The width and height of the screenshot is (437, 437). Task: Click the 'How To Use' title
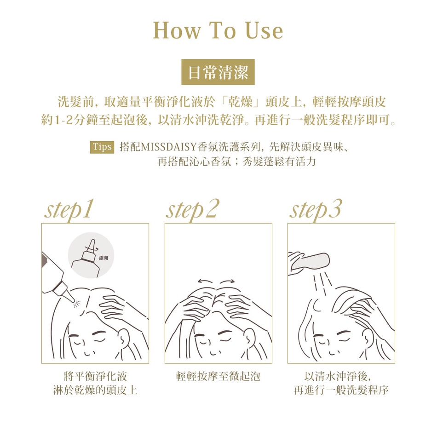pyautogui.click(x=218, y=30)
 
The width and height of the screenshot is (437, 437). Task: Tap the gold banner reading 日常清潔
pyautogui.click(x=218, y=72)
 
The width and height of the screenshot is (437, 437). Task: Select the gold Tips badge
pyautogui.click(x=102, y=147)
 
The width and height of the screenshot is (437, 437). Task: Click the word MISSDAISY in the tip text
pyautogui.click(x=169, y=147)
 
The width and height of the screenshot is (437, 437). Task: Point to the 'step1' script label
pyautogui.click(x=69, y=210)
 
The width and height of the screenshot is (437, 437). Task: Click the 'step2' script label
pyautogui.click(x=192, y=210)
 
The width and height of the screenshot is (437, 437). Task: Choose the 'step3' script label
pyautogui.click(x=315, y=210)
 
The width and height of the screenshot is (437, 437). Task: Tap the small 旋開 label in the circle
pyautogui.click(x=103, y=258)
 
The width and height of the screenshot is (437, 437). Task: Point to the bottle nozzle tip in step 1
pyautogui.click(x=74, y=300)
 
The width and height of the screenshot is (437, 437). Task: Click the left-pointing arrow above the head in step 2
pyautogui.click(x=205, y=281)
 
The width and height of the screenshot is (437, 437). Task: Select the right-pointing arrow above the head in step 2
pyautogui.click(x=227, y=281)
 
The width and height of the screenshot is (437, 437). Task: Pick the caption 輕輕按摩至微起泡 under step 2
pyautogui.click(x=218, y=376)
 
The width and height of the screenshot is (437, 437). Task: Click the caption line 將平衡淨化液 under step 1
pyautogui.click(x=95, y=376)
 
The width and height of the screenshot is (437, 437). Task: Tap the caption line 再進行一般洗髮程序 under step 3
pyautogui.click(x=341, y=390)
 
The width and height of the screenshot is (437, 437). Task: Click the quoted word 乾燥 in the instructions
pyautogui.click(x=241, y=102)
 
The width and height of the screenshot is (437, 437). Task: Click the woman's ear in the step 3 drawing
pyautogui.click(x=369, y=336)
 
